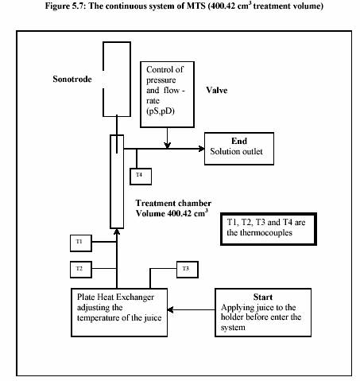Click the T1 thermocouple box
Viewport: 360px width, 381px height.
pyautogui.click(x=81, y=243)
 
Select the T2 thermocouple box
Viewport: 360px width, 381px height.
pyautogui.click(x=81, y=270)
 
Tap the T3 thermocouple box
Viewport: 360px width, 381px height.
pyautogui.click(x=188, y=270)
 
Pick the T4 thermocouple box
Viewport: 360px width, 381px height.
pyautogui.click(x=141, y=177)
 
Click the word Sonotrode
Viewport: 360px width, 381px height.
pyautogui.click(x=72, y=79)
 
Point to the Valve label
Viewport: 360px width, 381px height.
pyautogui.click(x=217, y=90)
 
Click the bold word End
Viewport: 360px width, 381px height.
pyautogui.click(x=239, y=141)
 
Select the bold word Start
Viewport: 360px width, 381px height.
pyautogui.click(x=263, y=297)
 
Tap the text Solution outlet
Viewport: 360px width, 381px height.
pyautogui.click(x=236, y=151)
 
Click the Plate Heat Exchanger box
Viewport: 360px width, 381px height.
pyautogui.click(x=119, y=313)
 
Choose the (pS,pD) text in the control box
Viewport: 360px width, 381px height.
pyautogui.click(x=161, y=111)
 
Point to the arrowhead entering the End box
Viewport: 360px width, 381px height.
pyautogui.click(x=202, y=149)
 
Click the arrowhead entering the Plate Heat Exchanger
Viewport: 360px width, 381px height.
pyautogui.click(x=170, y=309)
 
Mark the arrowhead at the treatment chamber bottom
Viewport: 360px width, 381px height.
pyautogui.click(x=117, y=231)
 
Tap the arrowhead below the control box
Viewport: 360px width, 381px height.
pyautogui.click(x=167, y=146)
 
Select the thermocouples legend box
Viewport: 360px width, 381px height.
pyautogui.click(x=269, y=229)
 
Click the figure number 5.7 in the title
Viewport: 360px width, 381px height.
pyautogui.click(x=78, y=6)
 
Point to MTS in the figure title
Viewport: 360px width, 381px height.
pyautogui.click(x=196, y=6)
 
